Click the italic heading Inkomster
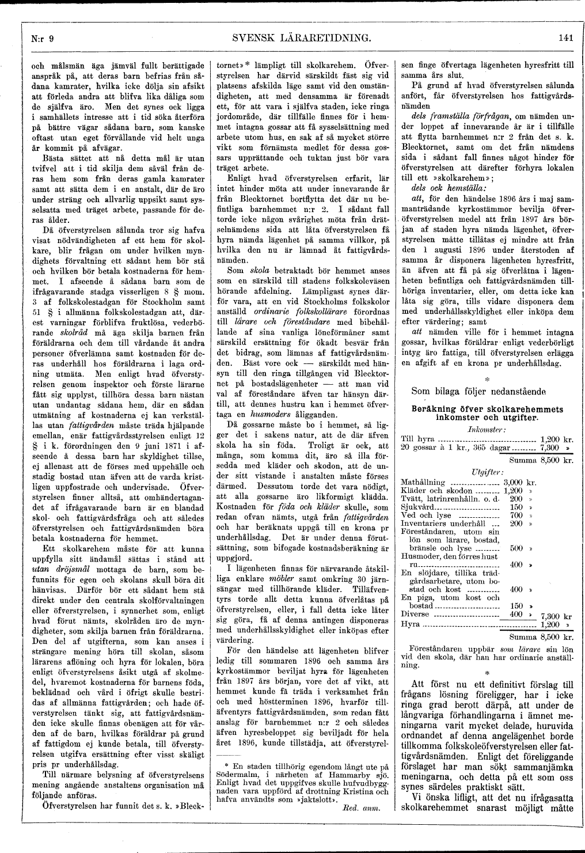click(x=487, y=429)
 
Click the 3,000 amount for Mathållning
click(x=513, y=482)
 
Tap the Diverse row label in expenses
click(x=415, y=614)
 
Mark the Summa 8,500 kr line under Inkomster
click(x=541, y=460)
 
